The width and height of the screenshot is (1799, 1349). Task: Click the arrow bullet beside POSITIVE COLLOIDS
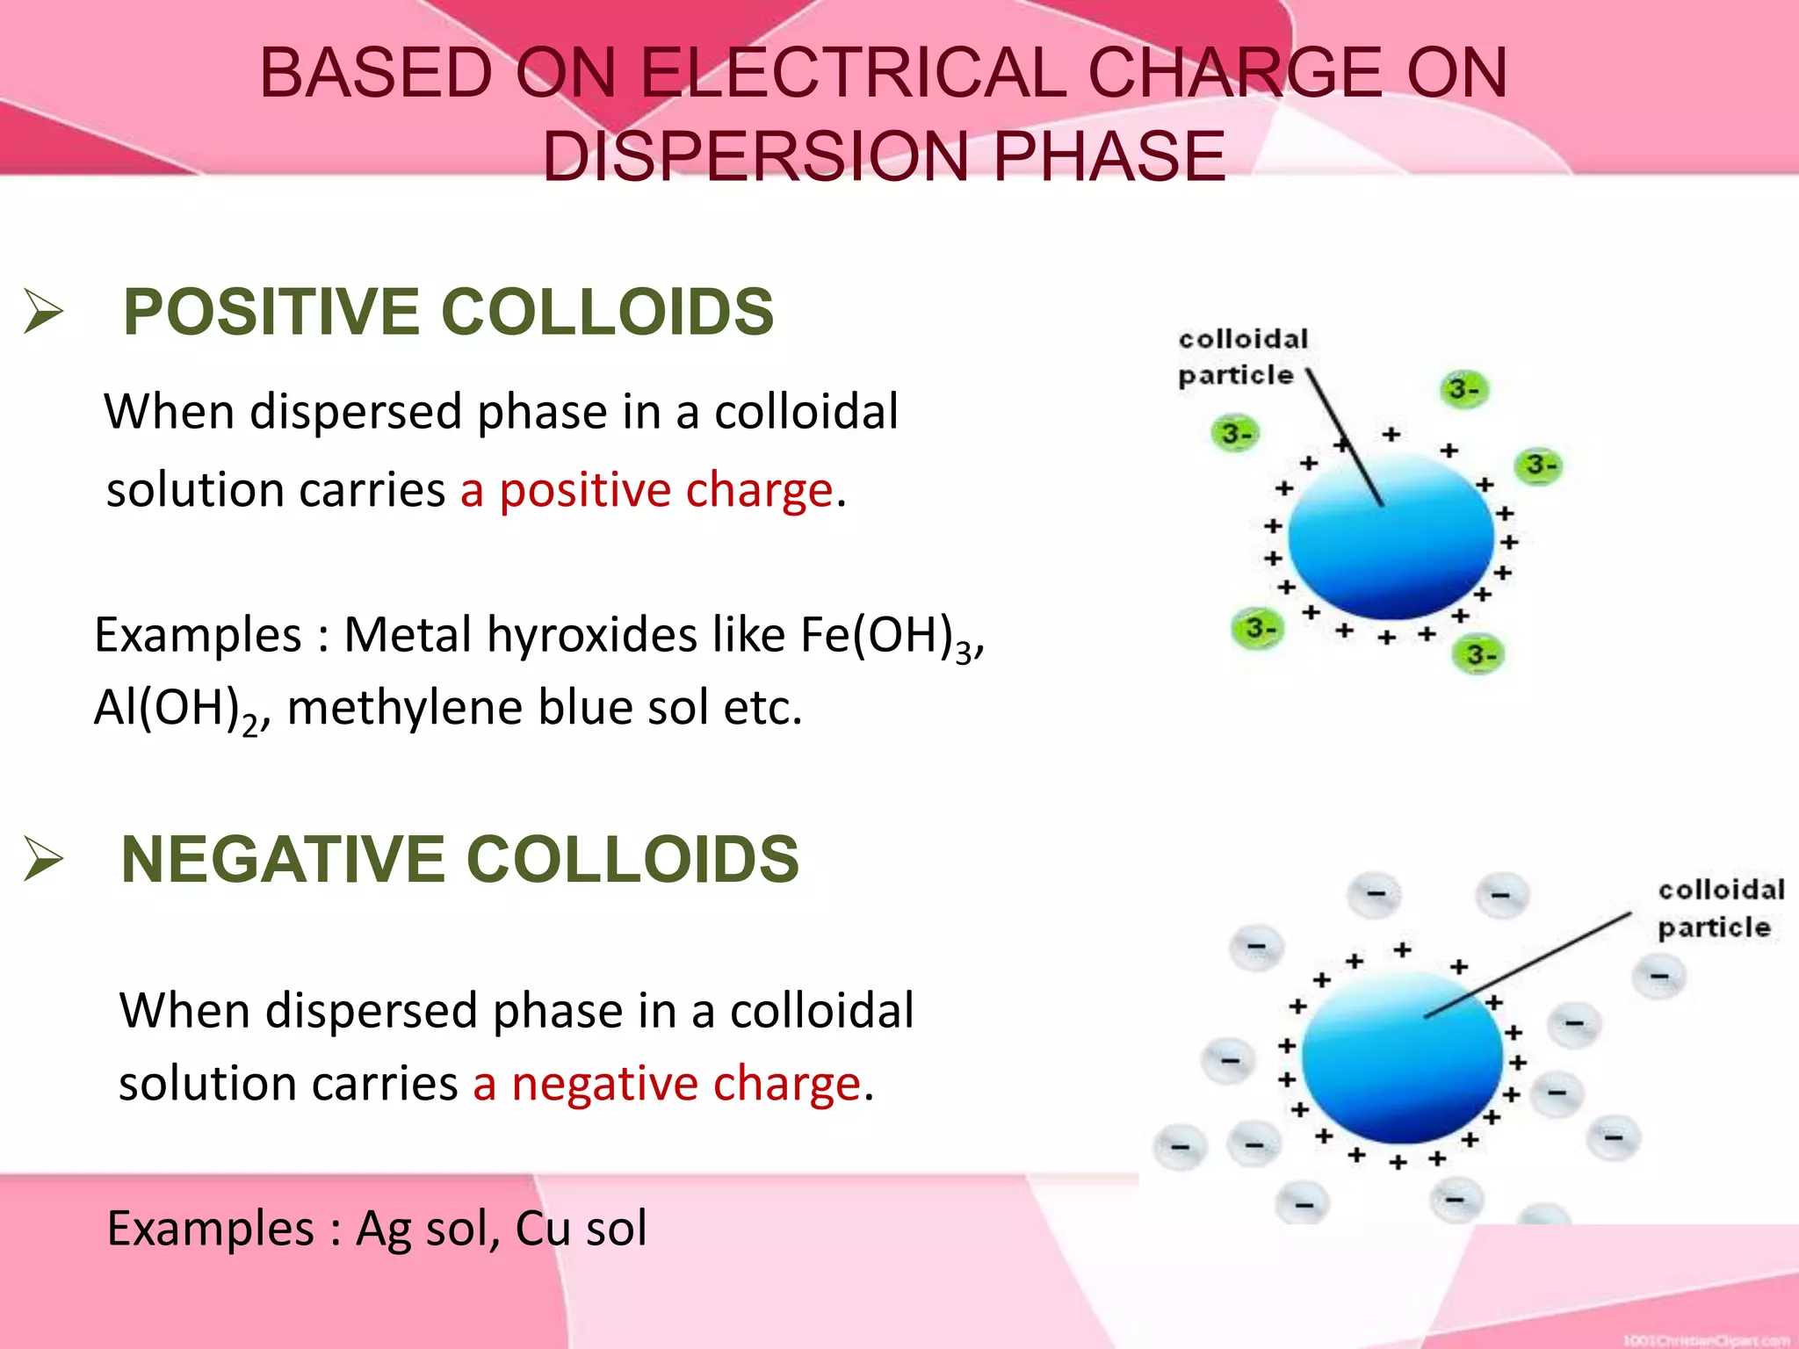[43, 312]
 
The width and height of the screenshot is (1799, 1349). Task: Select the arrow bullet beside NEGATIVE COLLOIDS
[43, 858]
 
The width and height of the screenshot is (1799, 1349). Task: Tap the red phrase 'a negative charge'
[666, 1083]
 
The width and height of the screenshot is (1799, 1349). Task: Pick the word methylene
[404, 708]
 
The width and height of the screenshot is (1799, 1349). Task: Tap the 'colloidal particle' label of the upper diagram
[1240, 357]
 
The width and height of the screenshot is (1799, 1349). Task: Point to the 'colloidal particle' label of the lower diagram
[1719, 909]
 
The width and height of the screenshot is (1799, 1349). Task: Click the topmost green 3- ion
[1464, 389]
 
